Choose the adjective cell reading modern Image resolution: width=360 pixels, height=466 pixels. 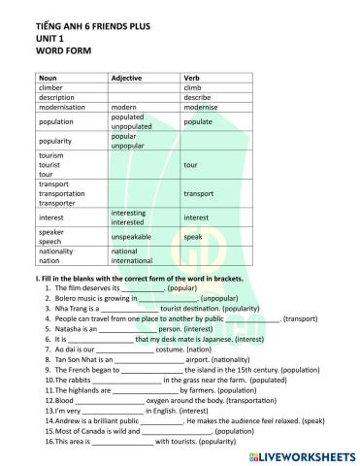(x=126, y=108)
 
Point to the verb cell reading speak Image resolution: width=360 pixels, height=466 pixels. (x=193, y=236)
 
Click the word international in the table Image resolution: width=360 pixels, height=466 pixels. (x=139, y=260)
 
